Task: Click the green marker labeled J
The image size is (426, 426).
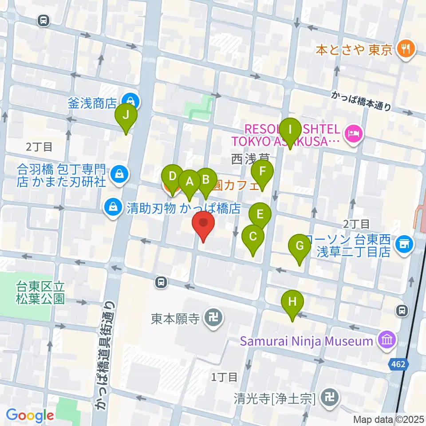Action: tap(126, 116)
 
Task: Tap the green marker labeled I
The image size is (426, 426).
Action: tap(291, 130)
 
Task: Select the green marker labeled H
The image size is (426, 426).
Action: tap(292, 303)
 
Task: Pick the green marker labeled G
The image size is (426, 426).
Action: tap(300, 246)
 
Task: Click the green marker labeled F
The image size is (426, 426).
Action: tap(262, 172)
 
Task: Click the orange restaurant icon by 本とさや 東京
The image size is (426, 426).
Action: tap(405, 48)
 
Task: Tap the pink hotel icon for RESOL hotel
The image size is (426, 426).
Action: tap(354, 132)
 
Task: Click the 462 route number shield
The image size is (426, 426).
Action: tap(398, 364)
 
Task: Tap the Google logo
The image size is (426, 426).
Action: tap(30, 415)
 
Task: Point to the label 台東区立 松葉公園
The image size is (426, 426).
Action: tap(41, 292)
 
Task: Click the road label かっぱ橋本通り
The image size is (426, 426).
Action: tap(362, 101)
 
